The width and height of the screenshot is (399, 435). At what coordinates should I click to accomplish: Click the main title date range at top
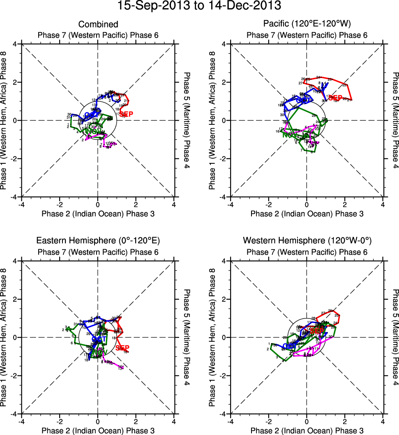point(199,6)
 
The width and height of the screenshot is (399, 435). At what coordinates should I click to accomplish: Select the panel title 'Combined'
point(98,25)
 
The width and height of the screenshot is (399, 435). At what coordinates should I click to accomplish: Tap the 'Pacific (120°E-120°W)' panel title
point(307,25)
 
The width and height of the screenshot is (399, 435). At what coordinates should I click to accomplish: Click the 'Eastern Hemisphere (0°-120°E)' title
point(98,241)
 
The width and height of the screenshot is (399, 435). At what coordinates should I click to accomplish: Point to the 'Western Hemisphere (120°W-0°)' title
point(307,241)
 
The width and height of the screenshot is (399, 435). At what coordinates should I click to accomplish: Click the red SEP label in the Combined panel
point(126,114)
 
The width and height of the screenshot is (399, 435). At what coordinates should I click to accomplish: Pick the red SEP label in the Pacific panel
point(335,98)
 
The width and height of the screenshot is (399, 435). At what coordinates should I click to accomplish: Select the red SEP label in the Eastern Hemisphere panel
point(123,348)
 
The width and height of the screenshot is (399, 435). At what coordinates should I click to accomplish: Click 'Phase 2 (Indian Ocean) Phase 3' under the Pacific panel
point(307,213)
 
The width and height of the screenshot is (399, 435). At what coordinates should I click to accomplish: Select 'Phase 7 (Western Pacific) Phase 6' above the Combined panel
point(98,35)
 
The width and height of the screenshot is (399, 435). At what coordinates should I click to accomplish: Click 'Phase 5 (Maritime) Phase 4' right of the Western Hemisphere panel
point(395,337)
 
